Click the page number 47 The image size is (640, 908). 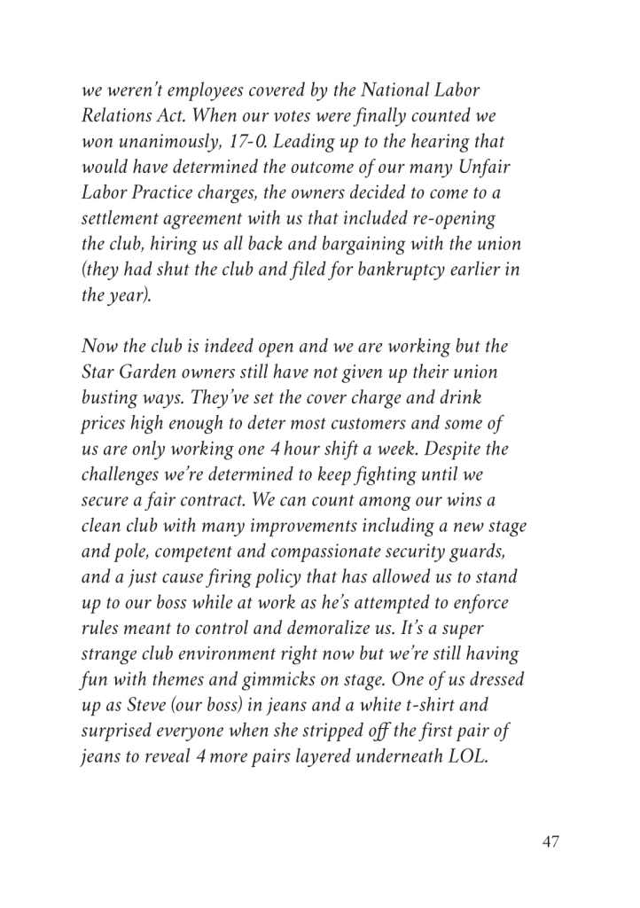click(x=550, y=841)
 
